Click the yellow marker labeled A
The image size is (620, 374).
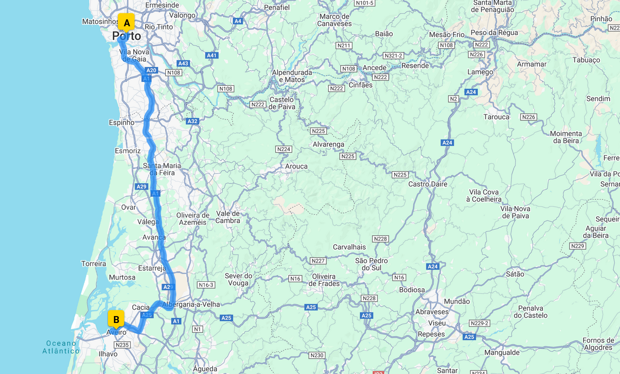[x=126, y=22]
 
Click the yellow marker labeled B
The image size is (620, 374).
[x=116, y=319]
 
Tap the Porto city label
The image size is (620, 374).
[x=126, y=36]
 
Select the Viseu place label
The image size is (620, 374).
[x=437, y=323]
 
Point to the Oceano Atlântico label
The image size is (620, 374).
[x=61, y=347]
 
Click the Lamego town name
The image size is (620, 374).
[x=480, y=72]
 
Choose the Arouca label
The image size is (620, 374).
[x=296, y=166]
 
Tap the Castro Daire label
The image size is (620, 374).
[x=427, y=184]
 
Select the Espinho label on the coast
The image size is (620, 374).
[x=121, y=122]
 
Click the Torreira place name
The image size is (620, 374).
[x=94, y=264]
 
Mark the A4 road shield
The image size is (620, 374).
[x=238, y=21]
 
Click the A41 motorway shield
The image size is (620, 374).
[x=212, y=55]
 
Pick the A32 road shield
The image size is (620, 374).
[x=192, y=121]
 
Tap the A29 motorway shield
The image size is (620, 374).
[x=142, y=186]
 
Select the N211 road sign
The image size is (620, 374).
[x=344, y=46]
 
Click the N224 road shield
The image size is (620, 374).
[x=284, y=149]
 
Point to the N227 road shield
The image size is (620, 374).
[x=318, y=261]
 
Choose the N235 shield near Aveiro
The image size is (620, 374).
[x=122, y=345]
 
